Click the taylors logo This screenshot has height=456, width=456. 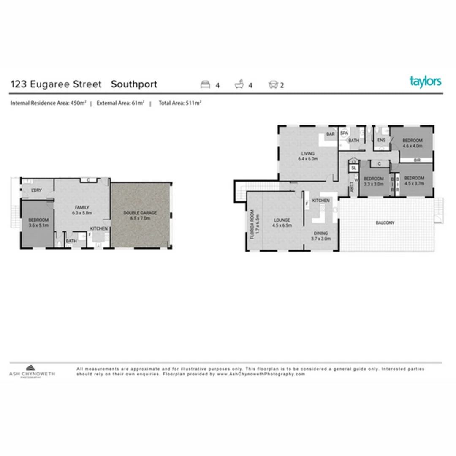coord(425,81)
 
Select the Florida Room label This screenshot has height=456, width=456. coord(254,225)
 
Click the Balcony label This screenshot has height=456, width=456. coord(384,223)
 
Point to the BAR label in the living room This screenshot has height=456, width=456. coord(330,134)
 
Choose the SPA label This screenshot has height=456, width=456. coord(344,133)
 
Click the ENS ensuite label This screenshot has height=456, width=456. coord(381,140)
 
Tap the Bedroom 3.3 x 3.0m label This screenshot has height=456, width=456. coord(374,181)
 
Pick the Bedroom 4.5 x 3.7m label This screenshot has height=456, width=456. coord(414,181)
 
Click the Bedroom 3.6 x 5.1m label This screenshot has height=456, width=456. coord(38,223)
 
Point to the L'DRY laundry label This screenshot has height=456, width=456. coord(37,190)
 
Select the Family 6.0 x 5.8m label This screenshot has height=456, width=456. coord(81,210)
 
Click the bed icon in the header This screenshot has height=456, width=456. coord(205,85)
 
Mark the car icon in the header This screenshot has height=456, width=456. coord(273,85)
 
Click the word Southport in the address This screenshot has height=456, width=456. coord(134,84)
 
